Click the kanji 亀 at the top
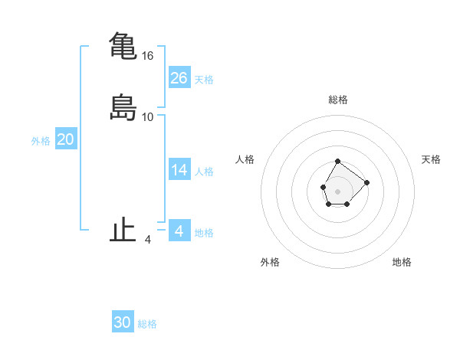pyautogui.click(x=123, y=46)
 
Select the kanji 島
pyautogui.click(x=123, y=107)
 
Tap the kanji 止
pyautogui.click(x=123, y=231)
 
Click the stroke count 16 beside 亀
pyautogui.click(x=148, y=56)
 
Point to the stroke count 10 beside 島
pyautogui.click(x=148, y=117)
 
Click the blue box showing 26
pyautogui.click(x=179, y=77)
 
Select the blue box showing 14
pyautogui.click(x=179, y=170)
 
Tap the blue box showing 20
pyautogui.click(x=66, y=139)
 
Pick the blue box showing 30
pyautogui.click(x=123, y=322)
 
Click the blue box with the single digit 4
pyautogui.click(x=179, y=231)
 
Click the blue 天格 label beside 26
pyautogui.click(x=204, y=80)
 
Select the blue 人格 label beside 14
pyautogui.click(x=204, y=172)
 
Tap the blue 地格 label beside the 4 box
pyautogui.click(x=204, y=233)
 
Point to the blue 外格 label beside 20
pyautogui.click(x=41, y=141)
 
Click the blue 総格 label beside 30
pyautogui.click(x=147, y=325)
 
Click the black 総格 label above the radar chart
pyautogui.click(x=338, y=100)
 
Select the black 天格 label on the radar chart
pyautogui.click(x=432, y=159)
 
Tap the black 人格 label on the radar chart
pyautogui.click(x=245, y=159)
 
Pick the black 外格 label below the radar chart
pyautogui.click(x=271, y=263)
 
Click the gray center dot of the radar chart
pyautogui.click(x=337, y=190)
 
